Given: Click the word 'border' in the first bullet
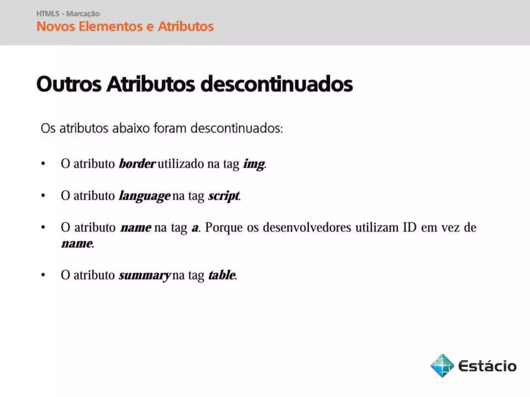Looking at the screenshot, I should [x=137, y=164].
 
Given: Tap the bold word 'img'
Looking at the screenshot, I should [x=254, y=164].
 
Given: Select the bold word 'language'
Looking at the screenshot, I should [x=144, y=196].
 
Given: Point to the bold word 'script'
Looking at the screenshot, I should [x=224, y=196].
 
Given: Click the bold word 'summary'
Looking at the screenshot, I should [x=144, y=275].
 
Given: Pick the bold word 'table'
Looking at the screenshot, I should [x=222, y=275].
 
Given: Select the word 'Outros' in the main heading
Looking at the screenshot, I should [x=69, y=84].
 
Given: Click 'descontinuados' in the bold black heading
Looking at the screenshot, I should [x=276, y=84].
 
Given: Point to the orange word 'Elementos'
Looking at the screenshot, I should [x=111, y=26].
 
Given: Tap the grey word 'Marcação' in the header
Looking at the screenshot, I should [x=83, y=14].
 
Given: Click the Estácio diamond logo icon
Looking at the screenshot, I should [x=442, y=365].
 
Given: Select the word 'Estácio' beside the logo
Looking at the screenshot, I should [x=487, y=366].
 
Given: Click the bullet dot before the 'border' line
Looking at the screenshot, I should [x=43, y=164].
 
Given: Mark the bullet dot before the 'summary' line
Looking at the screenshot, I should [x=43, y=275].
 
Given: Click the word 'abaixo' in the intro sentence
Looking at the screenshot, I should [x=131, y=128].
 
